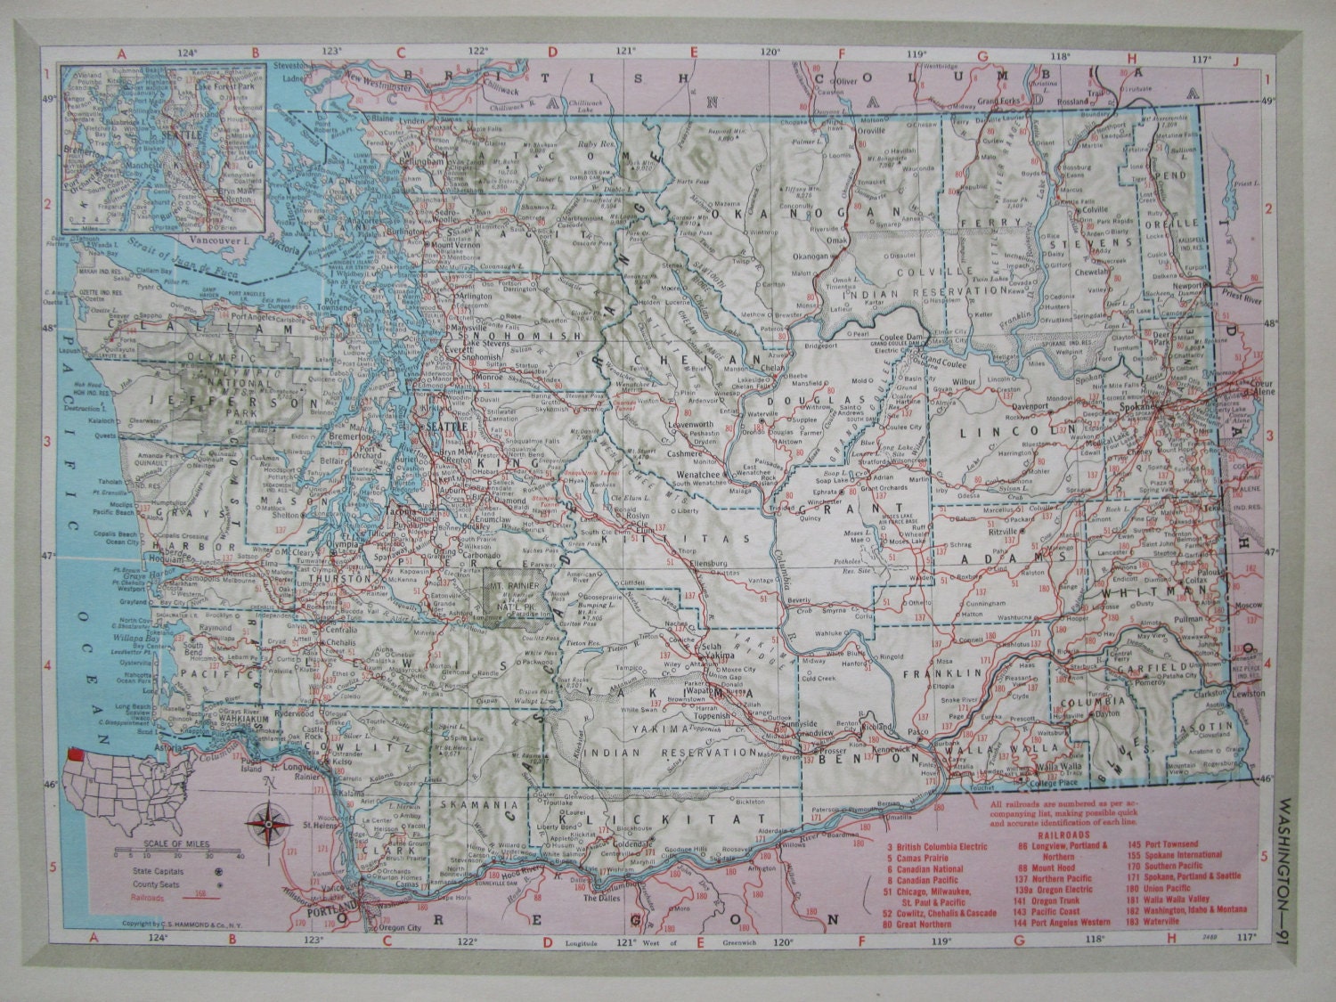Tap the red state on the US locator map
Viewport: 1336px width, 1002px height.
tap(73, 756)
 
